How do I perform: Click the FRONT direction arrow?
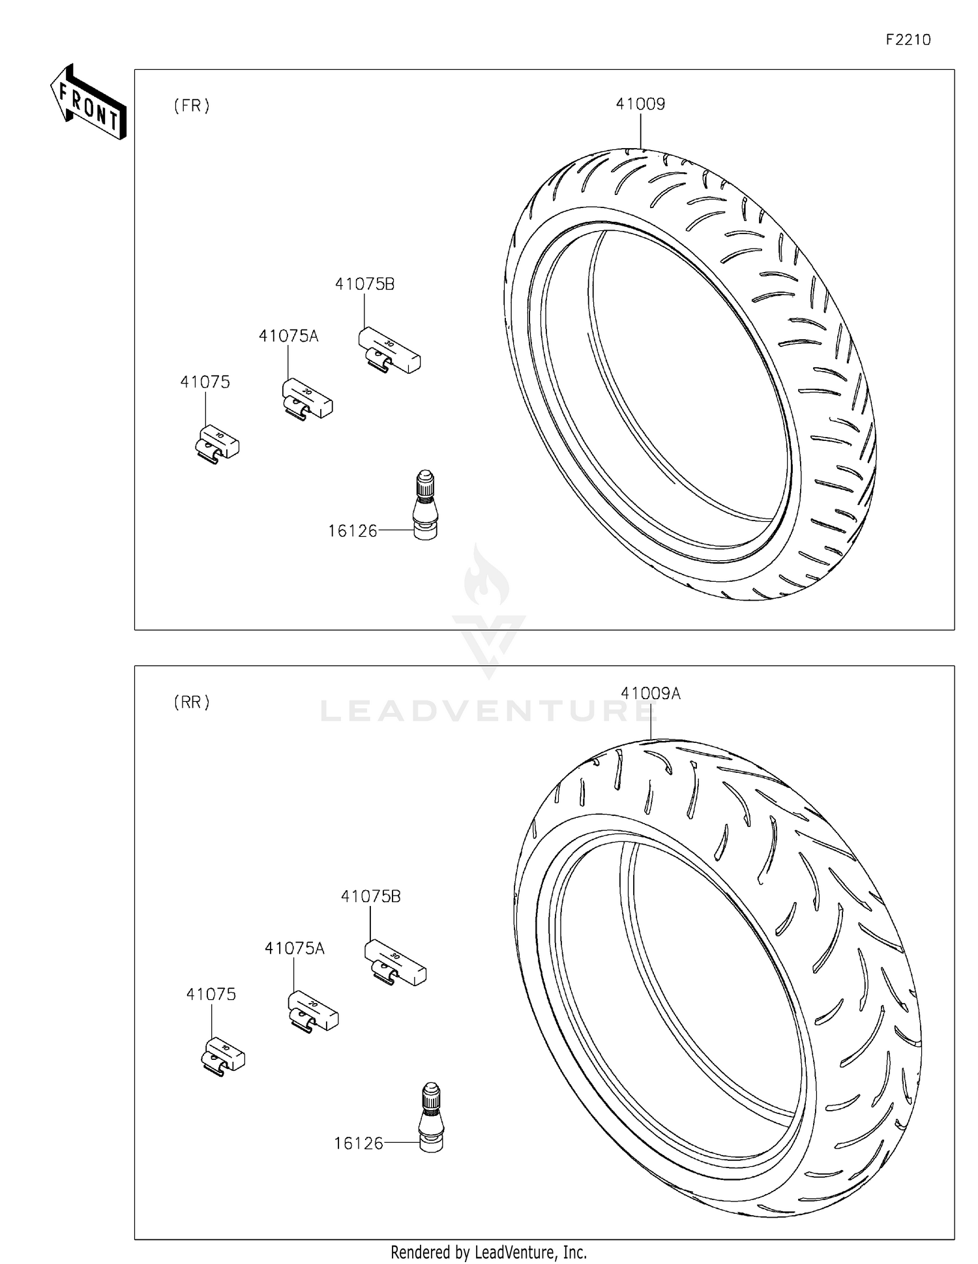[x=88, y=102]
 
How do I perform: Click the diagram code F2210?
[x=908, y=40]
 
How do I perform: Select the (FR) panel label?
[x=192, y=106]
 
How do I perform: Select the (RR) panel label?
[x=192, y=702]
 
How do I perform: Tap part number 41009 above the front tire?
[x=640, y=104]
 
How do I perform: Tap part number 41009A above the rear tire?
[x=650, y=694]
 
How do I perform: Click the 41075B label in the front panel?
[x=364, y=284]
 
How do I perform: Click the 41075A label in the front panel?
[x=288, y=337]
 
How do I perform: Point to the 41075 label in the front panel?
[x=205, y=382]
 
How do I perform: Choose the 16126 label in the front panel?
[x=352, y=532]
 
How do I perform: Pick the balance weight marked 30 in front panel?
[x=389, y=350]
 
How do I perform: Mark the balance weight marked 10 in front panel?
[x=218, y=442]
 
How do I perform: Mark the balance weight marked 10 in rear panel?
[x=223, y=1054]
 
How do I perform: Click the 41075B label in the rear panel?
[x=370, y=897]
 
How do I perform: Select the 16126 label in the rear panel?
[x=358, y=1143]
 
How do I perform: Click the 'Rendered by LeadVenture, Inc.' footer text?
[x=488, y=1252]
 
